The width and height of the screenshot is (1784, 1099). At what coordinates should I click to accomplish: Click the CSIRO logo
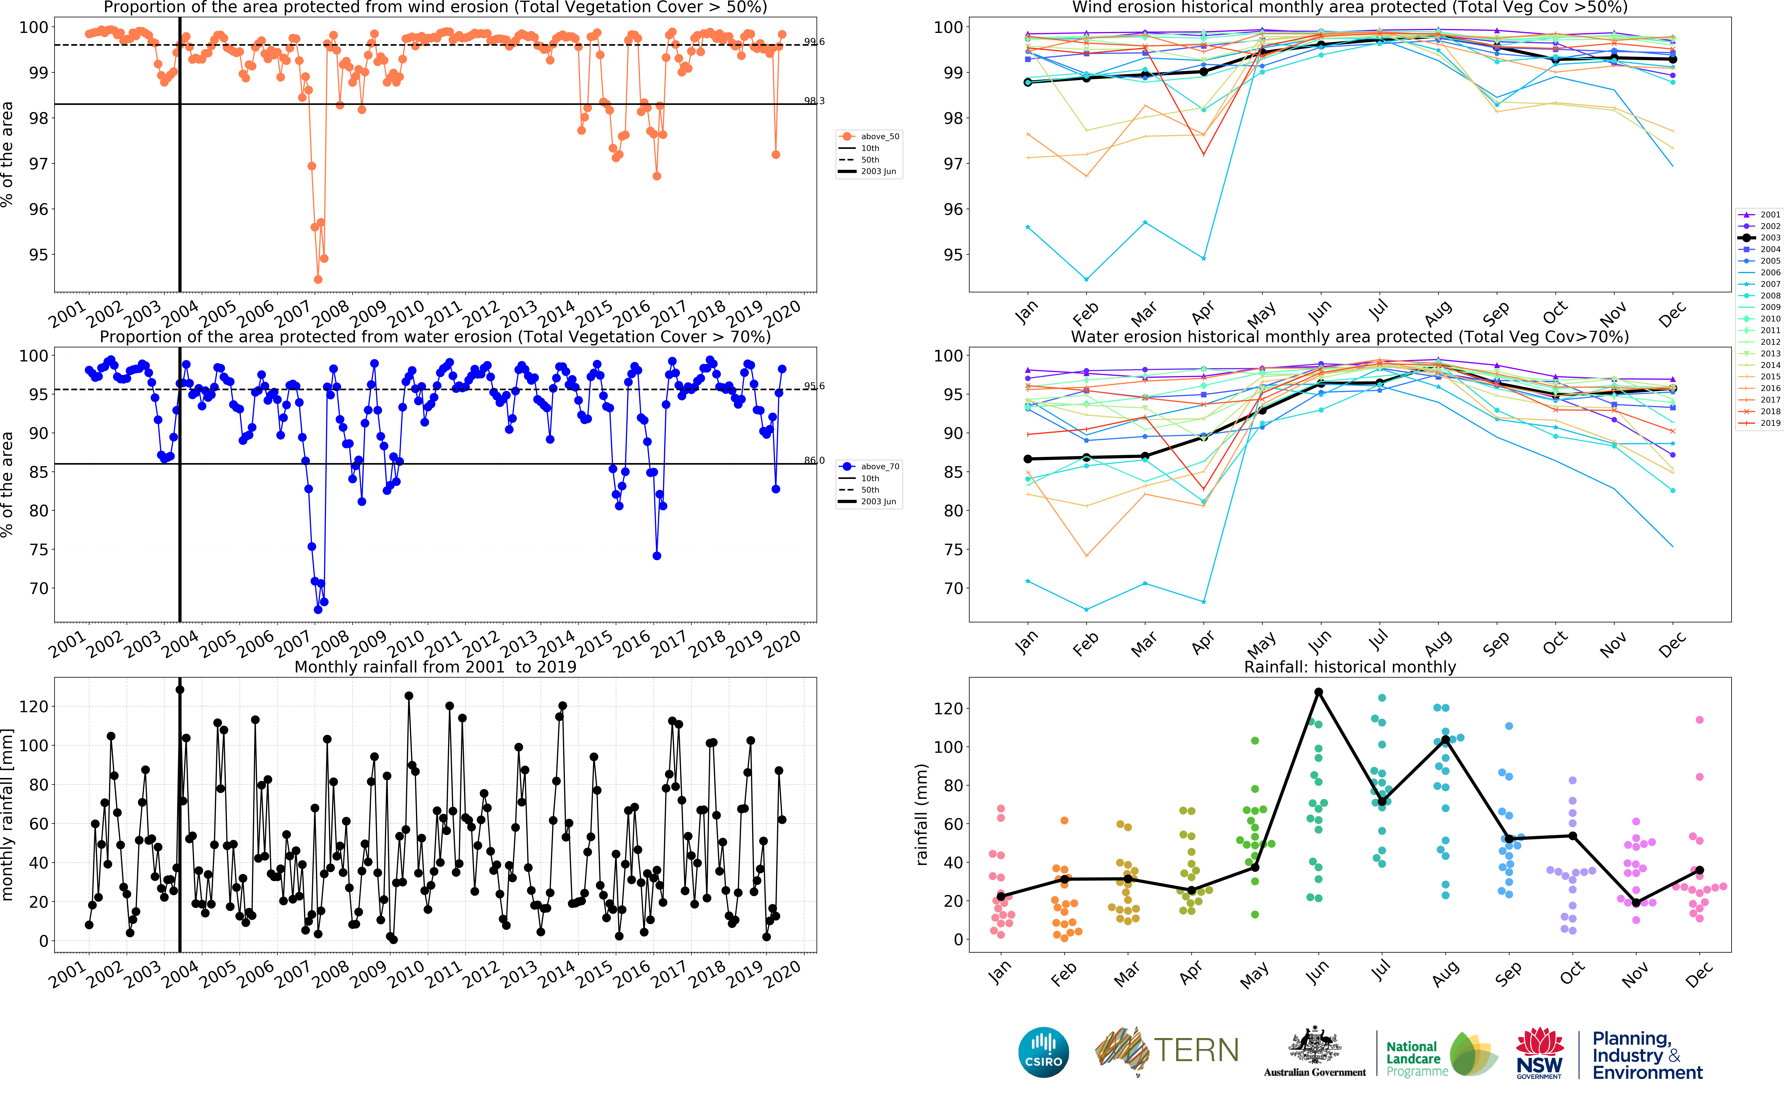(x=1044, y=1052)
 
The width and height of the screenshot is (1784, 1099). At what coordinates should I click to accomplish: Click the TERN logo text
(x=1196, y=1050)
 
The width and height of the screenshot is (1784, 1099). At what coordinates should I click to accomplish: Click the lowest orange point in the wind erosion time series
(x=317, y=279)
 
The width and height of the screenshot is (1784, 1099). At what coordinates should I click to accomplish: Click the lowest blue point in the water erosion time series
(x=317, y=609)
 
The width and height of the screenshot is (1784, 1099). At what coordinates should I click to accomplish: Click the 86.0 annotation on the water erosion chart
(x=814, y=460)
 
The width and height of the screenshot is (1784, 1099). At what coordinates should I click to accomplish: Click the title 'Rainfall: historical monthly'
(x=1349, y=667)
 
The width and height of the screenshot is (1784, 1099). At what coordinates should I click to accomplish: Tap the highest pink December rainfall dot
(x=1699, y=720)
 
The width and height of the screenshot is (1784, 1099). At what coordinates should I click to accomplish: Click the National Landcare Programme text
(x=1416, y=1058)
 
